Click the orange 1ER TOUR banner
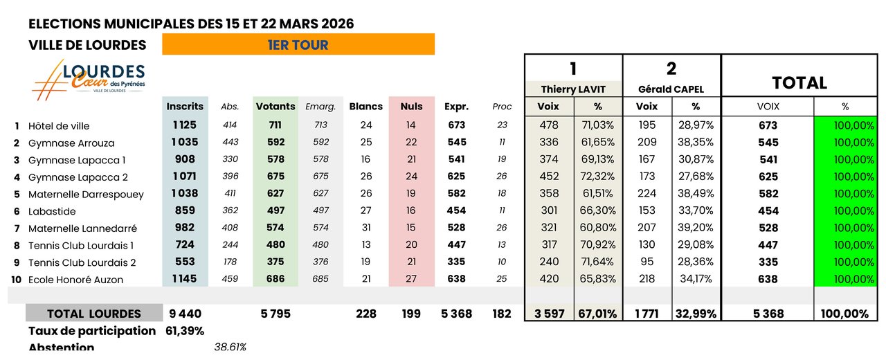coord(298,45)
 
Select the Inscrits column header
coord(185,107)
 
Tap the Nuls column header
coord(411,107)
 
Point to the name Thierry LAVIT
coord(573,89)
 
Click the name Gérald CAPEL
coord(671,89)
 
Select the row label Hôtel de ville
coord(59,126)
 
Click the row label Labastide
coord(52,211)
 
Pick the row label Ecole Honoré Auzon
coord(75,280)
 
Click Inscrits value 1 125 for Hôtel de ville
coord(185,125)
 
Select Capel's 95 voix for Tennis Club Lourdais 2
coord(647,262)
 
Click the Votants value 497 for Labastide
coord(275,210)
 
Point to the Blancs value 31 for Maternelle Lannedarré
coord(365,227)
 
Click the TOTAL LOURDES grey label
coord(93,314)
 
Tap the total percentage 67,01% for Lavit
coord(597,314)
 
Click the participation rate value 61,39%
coord(185,331)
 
